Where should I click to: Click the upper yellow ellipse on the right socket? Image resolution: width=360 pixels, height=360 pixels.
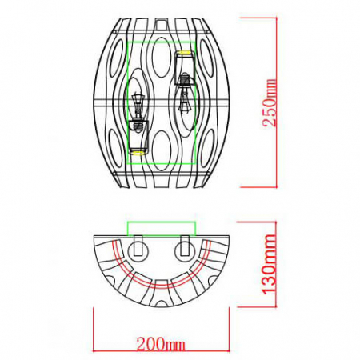click(185, 54)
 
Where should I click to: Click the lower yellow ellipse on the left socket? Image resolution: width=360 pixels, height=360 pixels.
click(138, 150)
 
